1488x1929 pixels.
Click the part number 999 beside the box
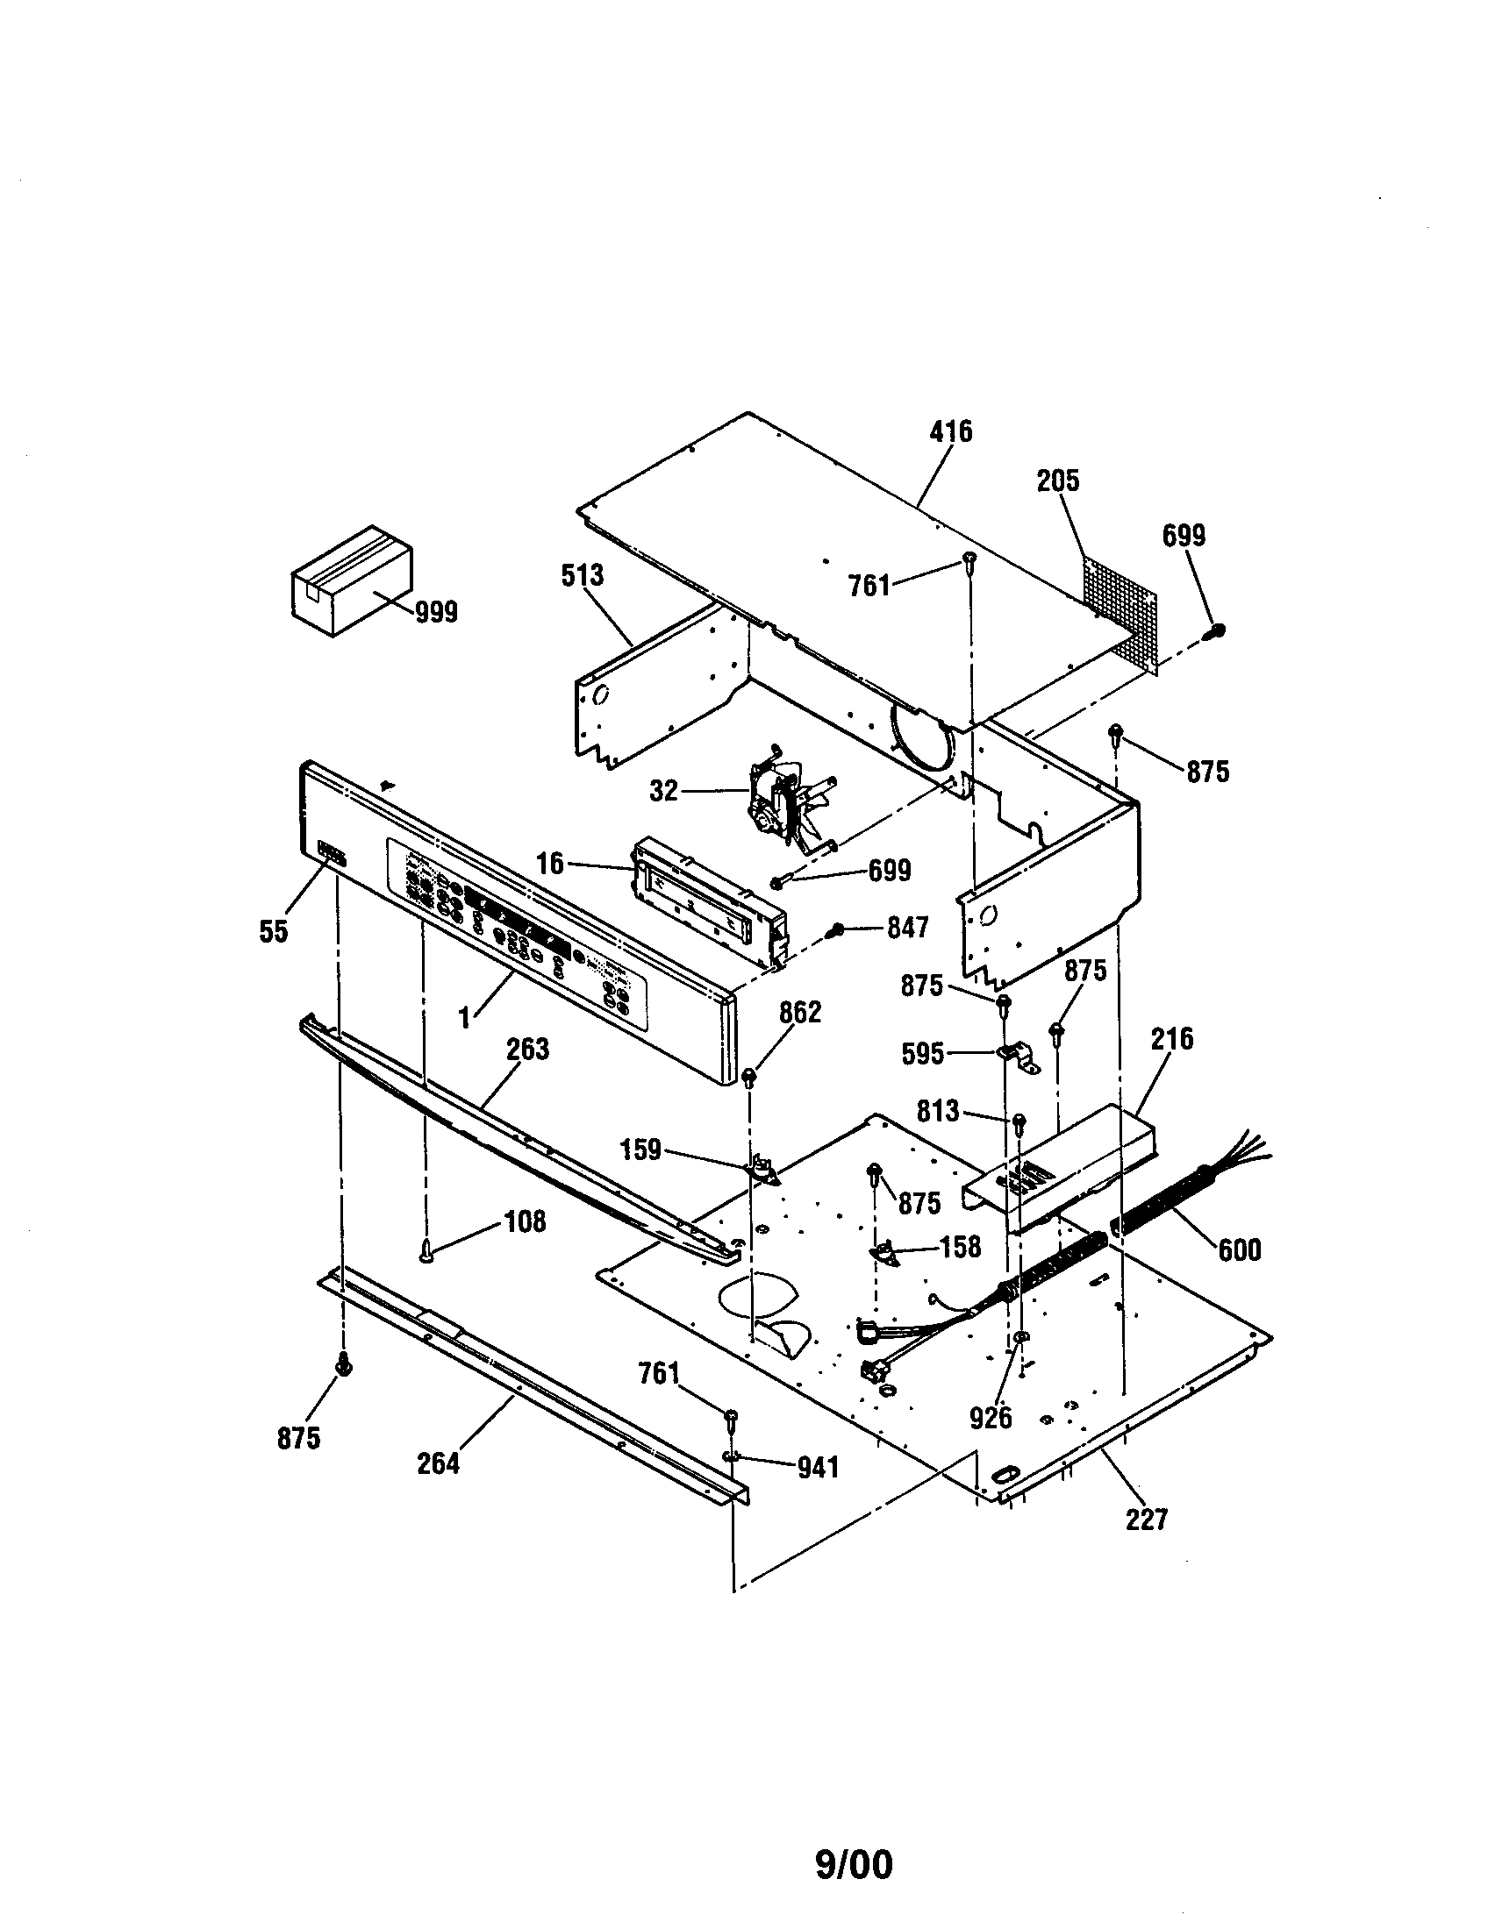coord(437,611)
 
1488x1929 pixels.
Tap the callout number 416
coord(951,432)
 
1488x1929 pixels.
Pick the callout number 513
coord(583,575)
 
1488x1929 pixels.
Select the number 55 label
coord(274,931)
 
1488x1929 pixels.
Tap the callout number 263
coord(527,1050)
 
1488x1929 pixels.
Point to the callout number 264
coord(439,1464)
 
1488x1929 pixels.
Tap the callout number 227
coord(1146,1520)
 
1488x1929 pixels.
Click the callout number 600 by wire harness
coord(1239,1249)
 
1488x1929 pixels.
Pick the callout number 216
coord(1170,1040)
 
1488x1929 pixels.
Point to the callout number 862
coord(799,1012)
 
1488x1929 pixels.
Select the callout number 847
coord(907,928)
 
